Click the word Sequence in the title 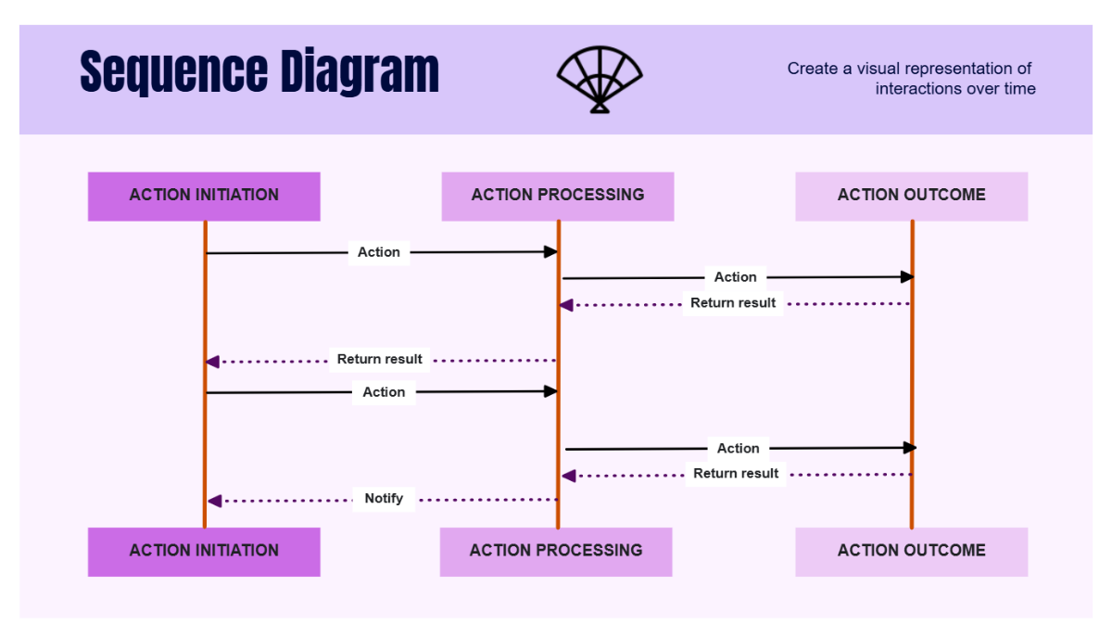click(167, 72)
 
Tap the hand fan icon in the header click(600, 80)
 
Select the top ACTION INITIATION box click(204, 196)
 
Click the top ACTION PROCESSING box click(557, 196)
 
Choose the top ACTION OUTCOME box click(911, 196)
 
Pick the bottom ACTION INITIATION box click(204, 552)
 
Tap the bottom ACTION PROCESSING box click(556, 552)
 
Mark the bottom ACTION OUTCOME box click(911, 552)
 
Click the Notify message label click(384, 499)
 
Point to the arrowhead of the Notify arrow click(214, 501)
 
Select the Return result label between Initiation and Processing click(379, 360)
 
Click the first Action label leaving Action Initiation click(379, 252)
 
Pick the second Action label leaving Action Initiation click(384, 392)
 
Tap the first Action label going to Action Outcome click(735, 277)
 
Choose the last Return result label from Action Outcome click(736, 474)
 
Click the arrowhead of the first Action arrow click(550, 252)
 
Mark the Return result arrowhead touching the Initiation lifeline click(212, 362)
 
